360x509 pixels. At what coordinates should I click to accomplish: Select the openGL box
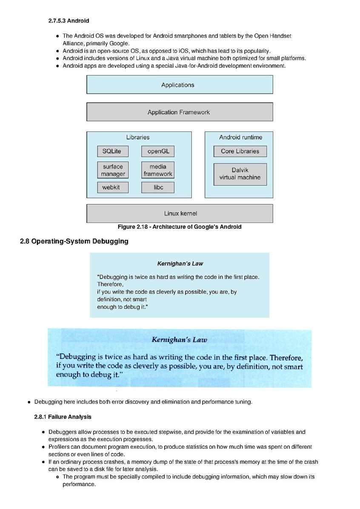click(x=158, y=151)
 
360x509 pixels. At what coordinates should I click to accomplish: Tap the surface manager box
click(x=113, y=170)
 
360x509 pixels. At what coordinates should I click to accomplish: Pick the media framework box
click(x=158, y=170)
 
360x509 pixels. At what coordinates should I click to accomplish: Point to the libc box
click(x=158, y=187)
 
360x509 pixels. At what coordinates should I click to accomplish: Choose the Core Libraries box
click(x=240, y=151)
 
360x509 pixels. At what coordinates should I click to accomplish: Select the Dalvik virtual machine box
click(x=240, y=174)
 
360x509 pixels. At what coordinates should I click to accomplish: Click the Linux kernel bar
click(x=180, y=213)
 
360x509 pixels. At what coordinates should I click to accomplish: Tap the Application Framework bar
click(x=180, y=112)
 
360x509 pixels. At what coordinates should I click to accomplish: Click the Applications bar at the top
click(x=180, y=85)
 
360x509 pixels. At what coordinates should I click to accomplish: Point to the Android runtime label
click(x=241, y=137)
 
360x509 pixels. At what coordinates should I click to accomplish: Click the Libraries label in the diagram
click(x=138, y=137)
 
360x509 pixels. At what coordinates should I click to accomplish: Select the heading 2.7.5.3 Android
click(x=69, y=21)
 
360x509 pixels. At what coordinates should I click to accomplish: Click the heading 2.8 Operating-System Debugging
click(x=74, y=241)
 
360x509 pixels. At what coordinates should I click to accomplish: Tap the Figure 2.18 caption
click(x=180, y=227)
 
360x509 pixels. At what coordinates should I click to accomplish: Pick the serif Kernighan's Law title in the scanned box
click(x=179, y=340)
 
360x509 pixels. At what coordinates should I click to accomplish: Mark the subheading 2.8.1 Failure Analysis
click(x=63, y=417)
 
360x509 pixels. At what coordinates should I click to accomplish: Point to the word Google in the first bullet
click(x=119, y=43)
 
